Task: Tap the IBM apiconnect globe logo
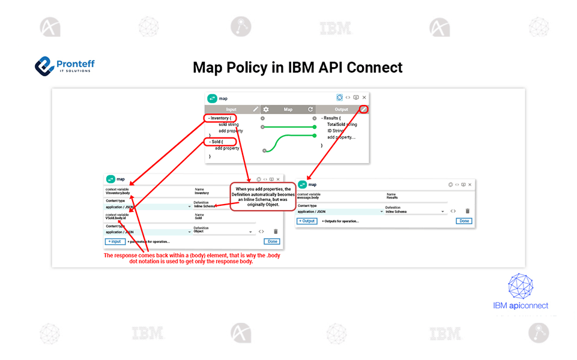click(520, 286)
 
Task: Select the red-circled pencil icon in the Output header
click(363, 109)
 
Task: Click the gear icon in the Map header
click(266, 109)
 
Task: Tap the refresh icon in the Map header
click(310, 109)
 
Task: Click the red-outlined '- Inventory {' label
click(219, 118)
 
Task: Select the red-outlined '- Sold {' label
click(218, 142)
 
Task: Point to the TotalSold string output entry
click(342, 124)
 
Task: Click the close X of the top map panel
click(364, 97)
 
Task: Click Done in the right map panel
click(464, 221)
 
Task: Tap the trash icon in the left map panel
click(276, 231)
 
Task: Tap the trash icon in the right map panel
click(467, 211)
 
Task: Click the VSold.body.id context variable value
click(116, 218)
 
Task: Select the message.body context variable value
click(308, 197)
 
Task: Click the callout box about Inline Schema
click(264, 196)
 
